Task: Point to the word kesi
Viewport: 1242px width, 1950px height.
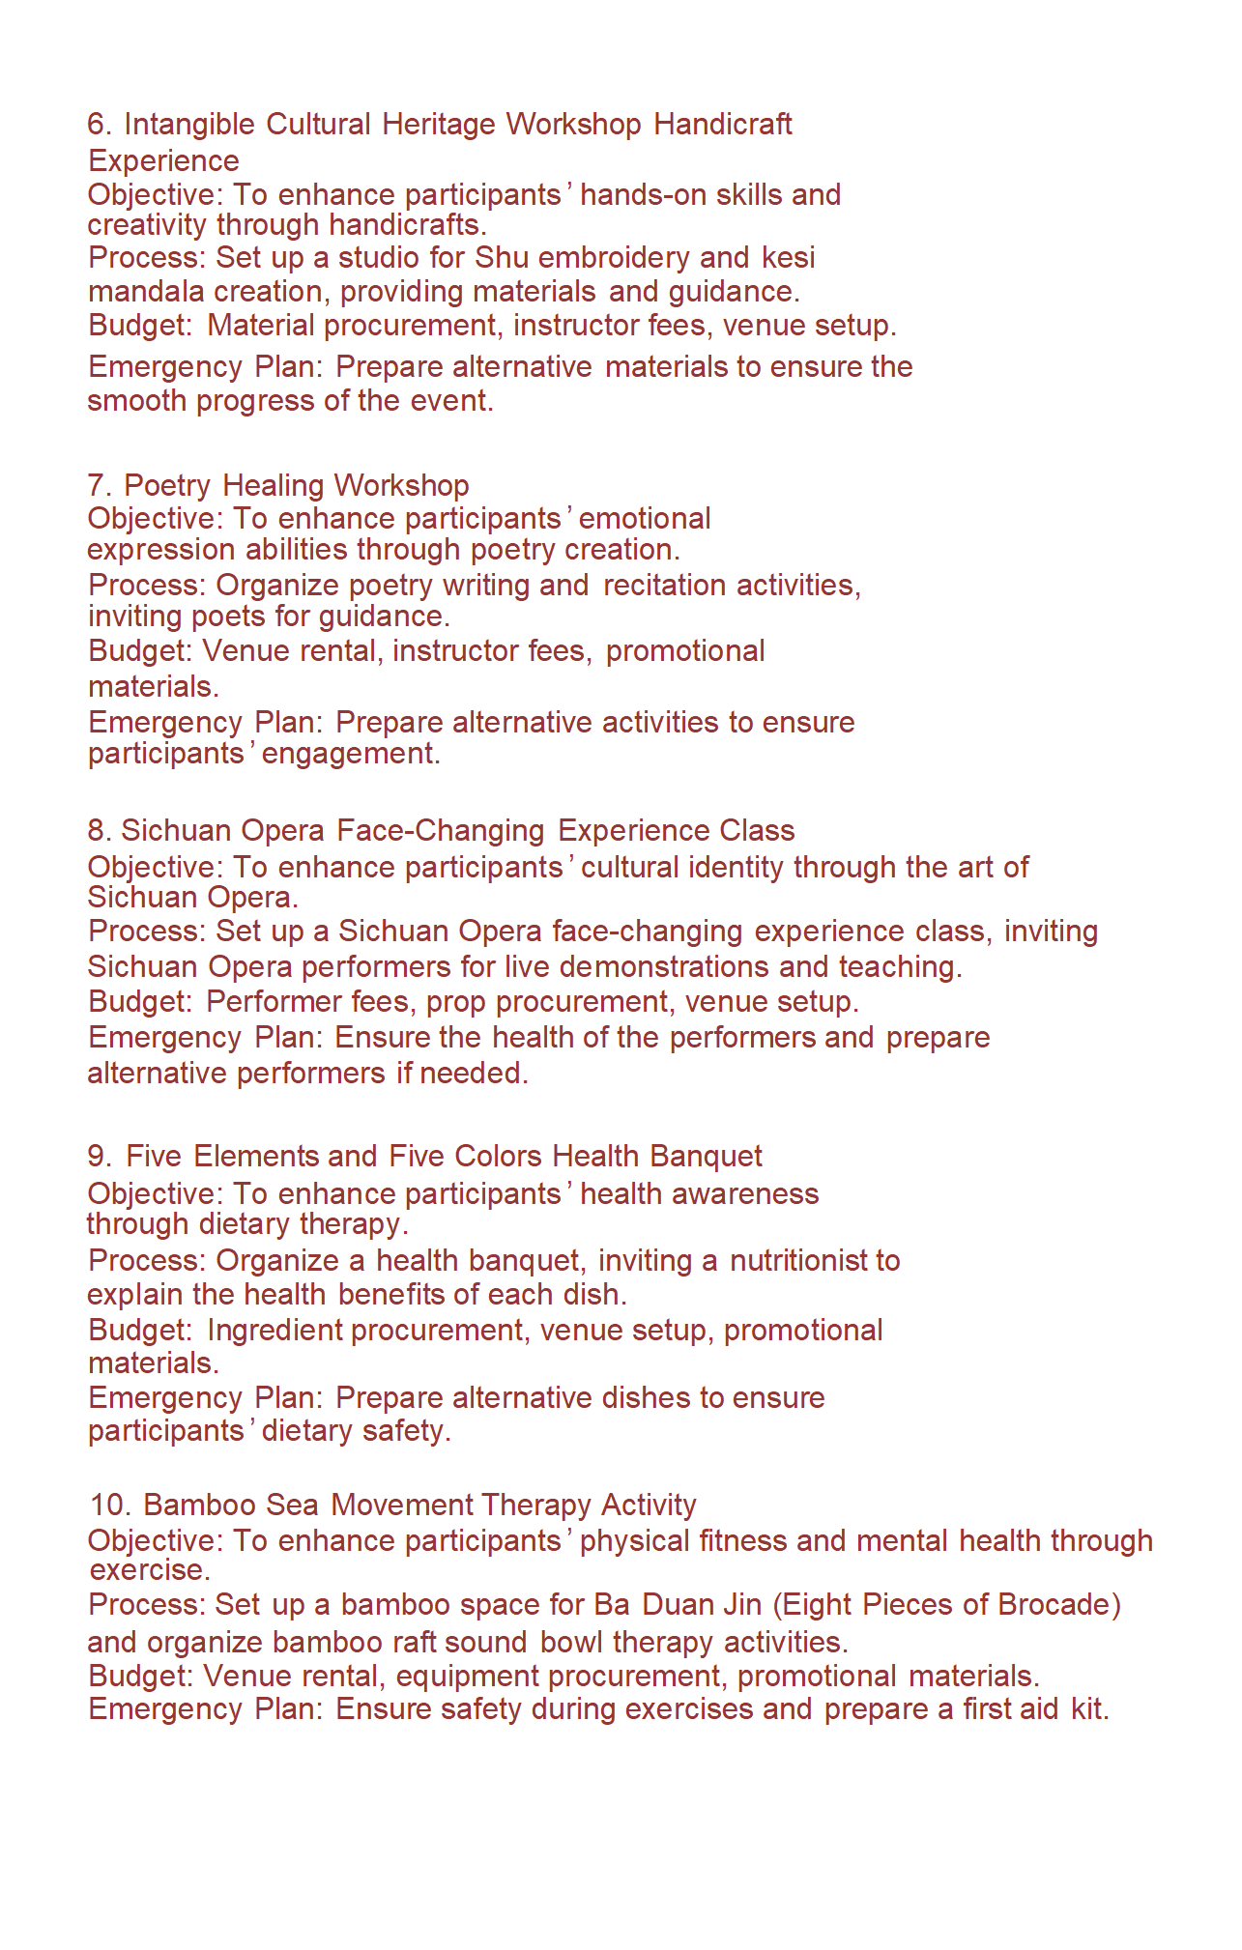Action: tap(788, 258)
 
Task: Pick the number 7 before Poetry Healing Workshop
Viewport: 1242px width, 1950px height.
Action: tap(95, 485)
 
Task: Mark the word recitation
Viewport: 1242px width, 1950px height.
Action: tap(664, 586)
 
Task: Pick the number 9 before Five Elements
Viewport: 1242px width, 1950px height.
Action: tap(96, 1157)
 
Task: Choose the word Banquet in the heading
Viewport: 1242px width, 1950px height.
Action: tap(706, 1157)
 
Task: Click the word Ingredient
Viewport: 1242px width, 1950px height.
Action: tap(274, 1331)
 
